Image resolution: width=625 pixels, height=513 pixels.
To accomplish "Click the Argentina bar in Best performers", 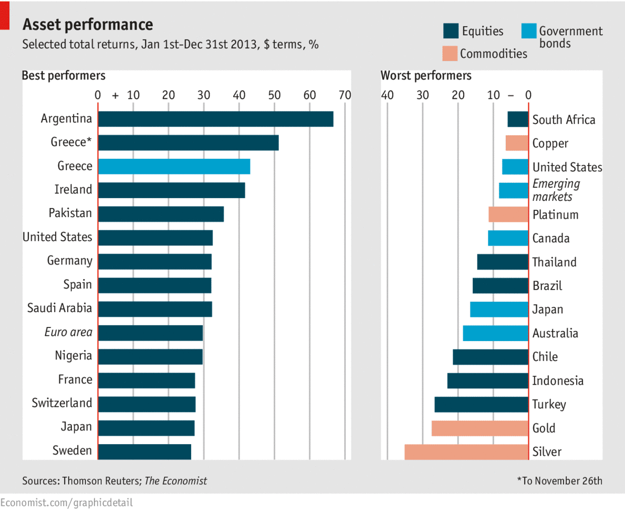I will tap(215, 119).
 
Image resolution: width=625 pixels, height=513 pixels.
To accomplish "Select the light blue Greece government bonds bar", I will tap(174, 167).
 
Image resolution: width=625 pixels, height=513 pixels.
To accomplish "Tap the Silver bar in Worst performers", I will tap(466, 452).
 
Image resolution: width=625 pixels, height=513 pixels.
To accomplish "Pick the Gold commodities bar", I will tap(480, 428).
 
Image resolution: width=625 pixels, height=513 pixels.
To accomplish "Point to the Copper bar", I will tap(517, 143).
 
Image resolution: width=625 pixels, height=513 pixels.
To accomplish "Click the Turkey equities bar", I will tap(481, 405).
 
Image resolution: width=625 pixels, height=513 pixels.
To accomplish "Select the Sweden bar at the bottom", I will tap(144, 452).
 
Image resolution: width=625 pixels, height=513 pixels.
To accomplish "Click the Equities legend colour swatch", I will tap(450, 31).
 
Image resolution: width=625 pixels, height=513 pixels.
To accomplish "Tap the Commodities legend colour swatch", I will tap(450, 53).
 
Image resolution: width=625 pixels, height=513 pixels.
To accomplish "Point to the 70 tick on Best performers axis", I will tap(345, 95).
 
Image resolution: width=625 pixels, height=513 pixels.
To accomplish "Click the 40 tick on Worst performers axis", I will tap(387, 95).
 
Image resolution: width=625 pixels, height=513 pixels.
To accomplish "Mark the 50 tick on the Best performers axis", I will tap(274, 95).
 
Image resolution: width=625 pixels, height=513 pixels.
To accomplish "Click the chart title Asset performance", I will tap(88, 24).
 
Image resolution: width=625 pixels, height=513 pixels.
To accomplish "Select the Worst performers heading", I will tap(426, 76).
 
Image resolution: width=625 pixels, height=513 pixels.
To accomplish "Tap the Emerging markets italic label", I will tap(556, 190).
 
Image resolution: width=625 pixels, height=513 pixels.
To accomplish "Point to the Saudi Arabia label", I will tap(59, 308).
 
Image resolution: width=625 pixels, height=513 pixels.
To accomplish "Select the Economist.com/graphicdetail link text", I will tap(67, 502).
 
